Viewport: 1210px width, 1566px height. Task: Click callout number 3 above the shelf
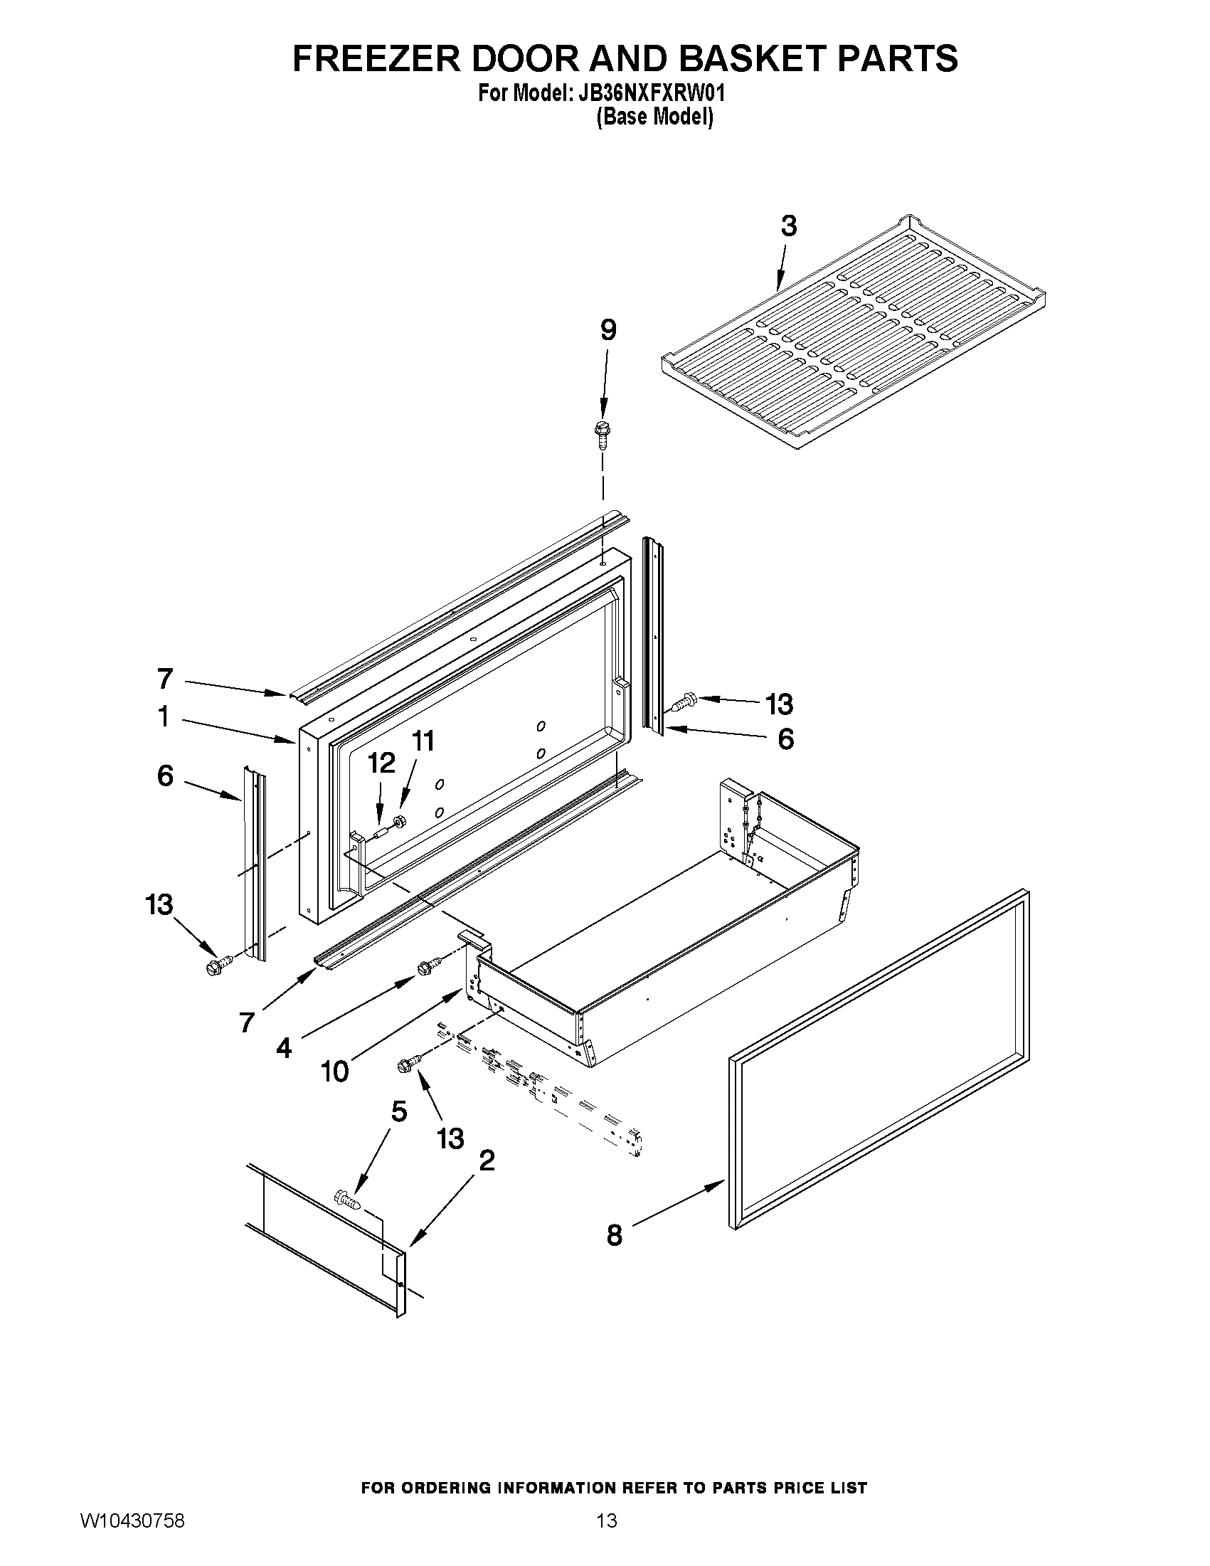(x=787, y=226)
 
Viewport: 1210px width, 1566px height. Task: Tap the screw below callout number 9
(x=601, y=433)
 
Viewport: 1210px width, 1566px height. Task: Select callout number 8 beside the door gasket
(x=615, y=1234)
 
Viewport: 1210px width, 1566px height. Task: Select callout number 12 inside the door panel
(x=381, y=763)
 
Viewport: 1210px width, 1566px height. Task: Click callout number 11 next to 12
(x=423, y=741)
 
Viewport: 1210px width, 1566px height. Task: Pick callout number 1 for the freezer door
(x=164, y=716)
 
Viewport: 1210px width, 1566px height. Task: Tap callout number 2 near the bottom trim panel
(x=486, y=1160)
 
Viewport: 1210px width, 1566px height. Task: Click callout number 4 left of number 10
(x=284, y=1048)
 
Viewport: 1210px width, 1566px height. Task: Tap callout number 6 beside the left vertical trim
(x=165, y=775)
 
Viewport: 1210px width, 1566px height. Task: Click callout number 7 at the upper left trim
(x=165, y=677)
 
